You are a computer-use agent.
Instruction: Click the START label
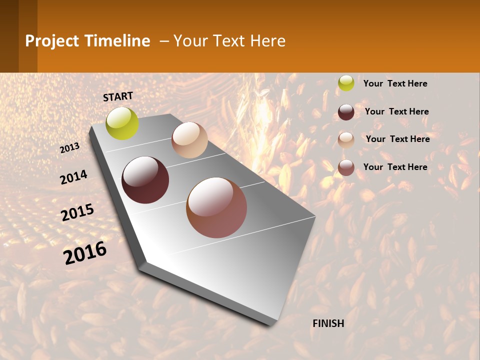click(118, 96)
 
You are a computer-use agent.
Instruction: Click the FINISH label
click(328, 323)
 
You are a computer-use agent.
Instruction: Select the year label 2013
click(70, 148)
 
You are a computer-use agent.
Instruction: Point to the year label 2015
click(77, 212)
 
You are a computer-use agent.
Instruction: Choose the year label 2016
click(85, 253)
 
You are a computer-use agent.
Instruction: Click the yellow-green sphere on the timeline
click(122, 123)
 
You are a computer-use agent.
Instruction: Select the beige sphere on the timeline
click(189, 140)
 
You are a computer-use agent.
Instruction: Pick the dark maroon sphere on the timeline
click(145, 180)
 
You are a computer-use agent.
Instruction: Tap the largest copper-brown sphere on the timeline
click(216, 207)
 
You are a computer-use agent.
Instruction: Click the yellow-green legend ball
click(346, 83)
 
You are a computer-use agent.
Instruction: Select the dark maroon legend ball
click(346, 111)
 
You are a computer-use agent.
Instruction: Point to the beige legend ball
click(346, 139)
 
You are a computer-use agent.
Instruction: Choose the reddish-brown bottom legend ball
click(346, 167)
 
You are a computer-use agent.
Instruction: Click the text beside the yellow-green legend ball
click(395, 83)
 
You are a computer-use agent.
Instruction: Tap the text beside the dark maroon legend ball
click(396, 111)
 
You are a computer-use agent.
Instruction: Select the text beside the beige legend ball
click(397, 139)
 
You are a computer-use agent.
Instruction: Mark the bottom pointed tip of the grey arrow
click(270, 324)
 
